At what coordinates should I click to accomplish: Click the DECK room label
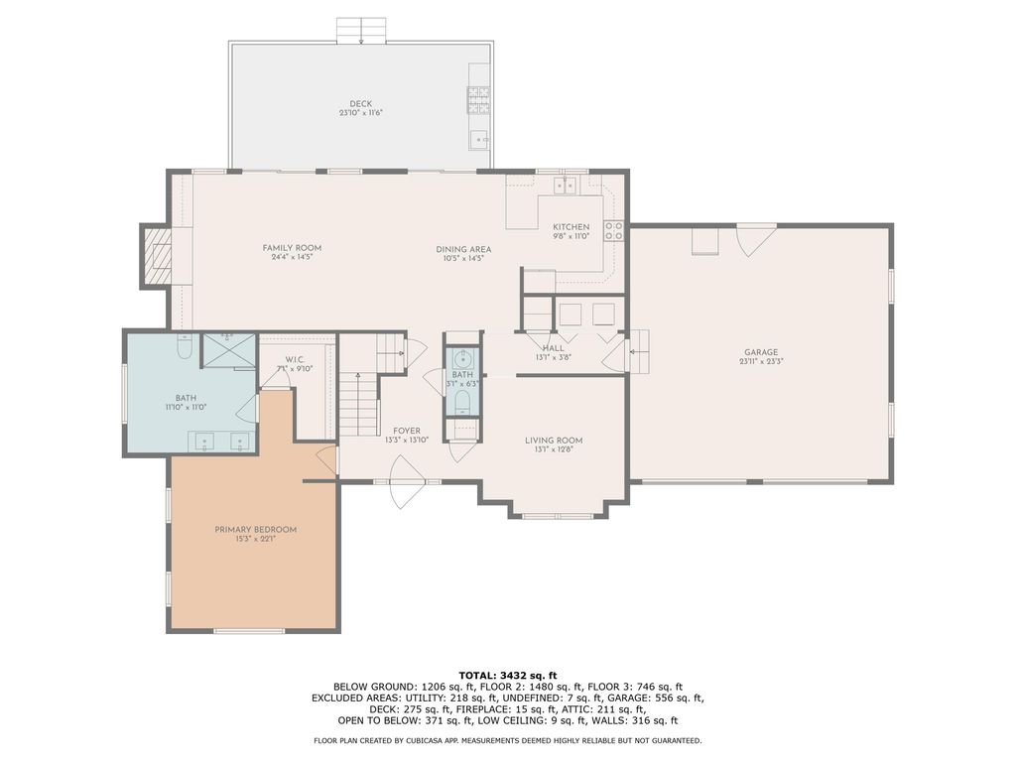[x=361, y=103]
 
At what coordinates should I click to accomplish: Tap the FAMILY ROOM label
[x=293, y=247]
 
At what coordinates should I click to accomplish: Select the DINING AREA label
[x=463, y=249]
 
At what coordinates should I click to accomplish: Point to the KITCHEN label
[x=571, y=227]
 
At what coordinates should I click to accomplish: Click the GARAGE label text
[x=761, y=352]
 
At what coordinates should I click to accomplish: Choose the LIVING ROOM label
[x=554, y=441]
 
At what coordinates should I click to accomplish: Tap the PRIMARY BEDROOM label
[x=256, y=530]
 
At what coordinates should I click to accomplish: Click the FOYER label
[x=407, y=431]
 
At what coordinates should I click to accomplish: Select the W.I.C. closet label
[x=295, y=360]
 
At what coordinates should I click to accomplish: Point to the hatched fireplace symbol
[x=158, y=257]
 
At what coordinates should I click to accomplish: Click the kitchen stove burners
[x=613, y=231]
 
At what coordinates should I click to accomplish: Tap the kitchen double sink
[x=565, y=186]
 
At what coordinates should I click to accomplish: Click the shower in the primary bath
[x=229, y=350]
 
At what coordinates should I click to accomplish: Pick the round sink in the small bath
[x=462, y=358]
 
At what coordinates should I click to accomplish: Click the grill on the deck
[x=479, y=100]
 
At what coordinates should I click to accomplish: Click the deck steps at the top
[x=361, y=31]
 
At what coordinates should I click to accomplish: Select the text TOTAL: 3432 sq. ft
[x=507, y=675]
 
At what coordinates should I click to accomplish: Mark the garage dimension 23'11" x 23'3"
[x=761, y=361]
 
